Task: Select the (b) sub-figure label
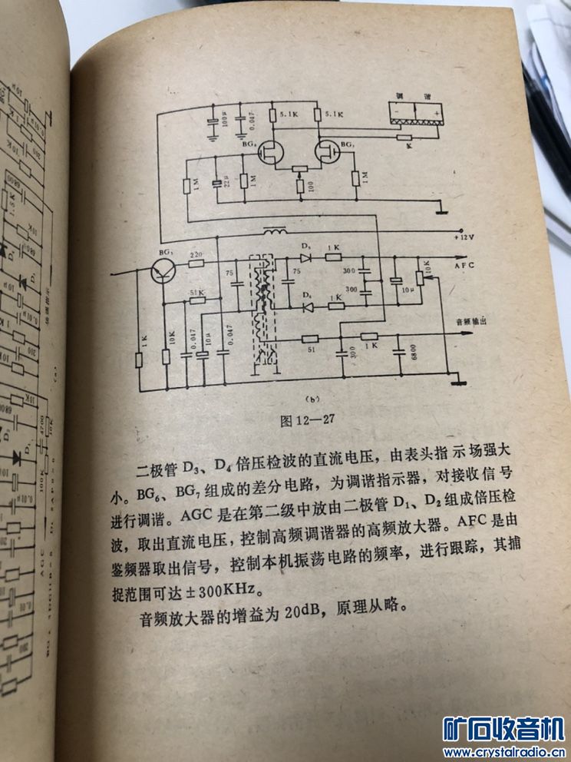pyautogui.click(x=311, y=398)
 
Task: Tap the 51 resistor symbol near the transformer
pyautogui.click(x=310, y=339)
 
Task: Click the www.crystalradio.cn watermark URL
pyautogui.click(x=504, y=751)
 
